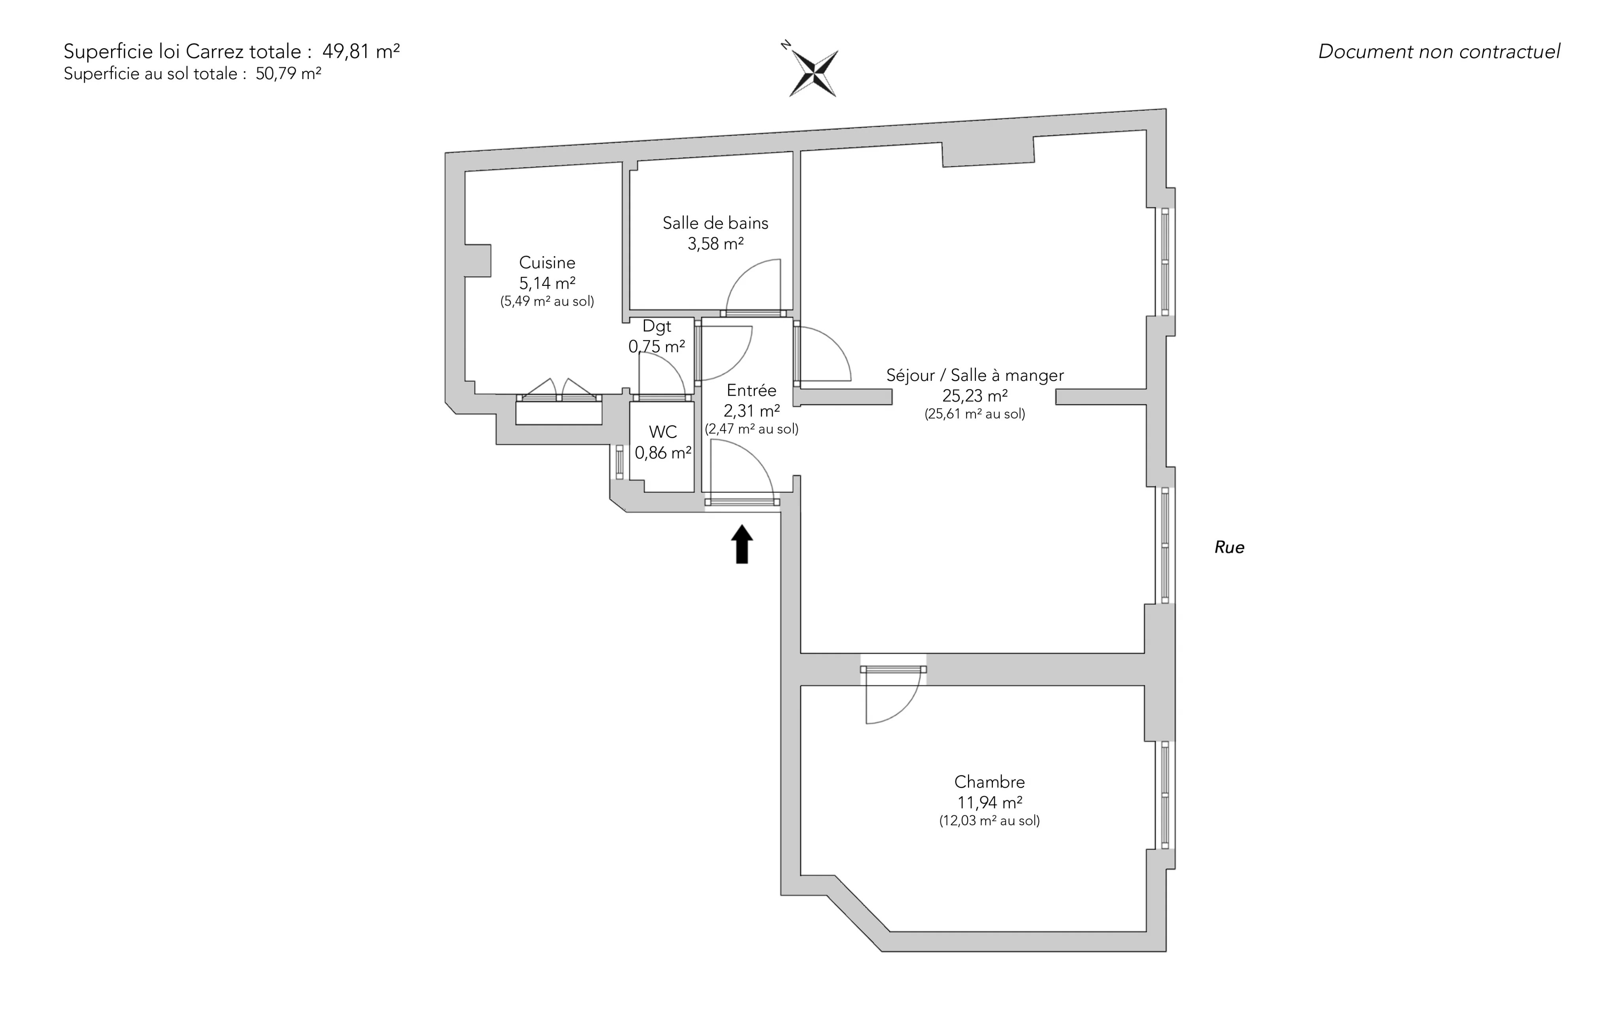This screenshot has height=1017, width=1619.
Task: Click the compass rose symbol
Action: click(813, 72)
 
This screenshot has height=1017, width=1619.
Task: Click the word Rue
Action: click(1229, 548)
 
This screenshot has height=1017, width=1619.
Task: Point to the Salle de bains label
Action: click(715, 223)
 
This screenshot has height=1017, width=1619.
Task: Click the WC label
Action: click(663, 432)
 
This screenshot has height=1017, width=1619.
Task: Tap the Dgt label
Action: click(657, 327)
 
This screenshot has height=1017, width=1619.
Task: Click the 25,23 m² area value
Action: click(974, 395)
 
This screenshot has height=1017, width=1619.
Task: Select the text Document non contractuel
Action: click(1439, 52)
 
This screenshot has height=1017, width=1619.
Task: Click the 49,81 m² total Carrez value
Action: click(361, 51)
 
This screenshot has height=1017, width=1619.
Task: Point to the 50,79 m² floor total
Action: click(288, 73)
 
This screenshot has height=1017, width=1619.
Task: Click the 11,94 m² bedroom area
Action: click(990, 802)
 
